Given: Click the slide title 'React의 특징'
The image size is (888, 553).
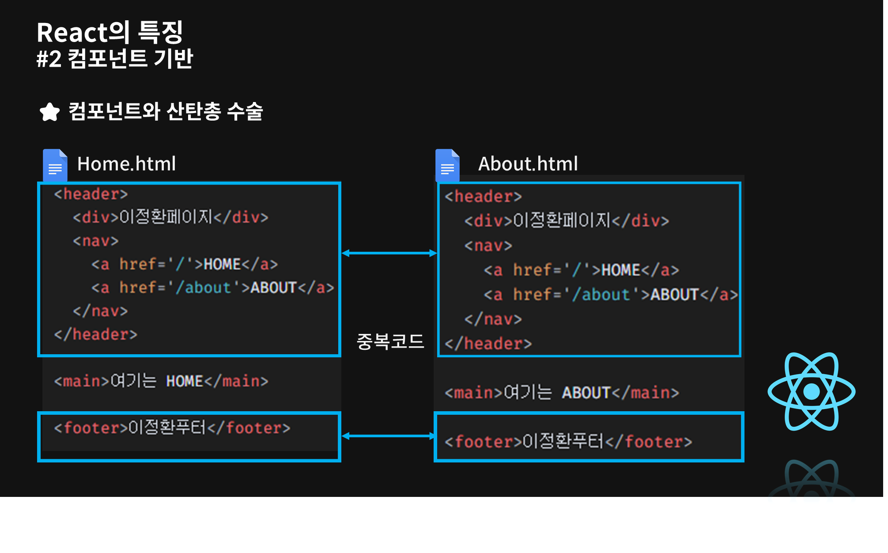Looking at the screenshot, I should coord(110,32).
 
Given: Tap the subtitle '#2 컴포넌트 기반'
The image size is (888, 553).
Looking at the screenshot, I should coord(115,59).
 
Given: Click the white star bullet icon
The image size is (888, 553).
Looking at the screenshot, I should coord(49,112).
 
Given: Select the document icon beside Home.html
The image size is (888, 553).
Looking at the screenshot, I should coord(55,165).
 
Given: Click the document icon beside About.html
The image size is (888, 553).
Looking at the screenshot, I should coord(447,165).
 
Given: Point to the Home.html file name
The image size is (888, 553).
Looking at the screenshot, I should coord(126,164).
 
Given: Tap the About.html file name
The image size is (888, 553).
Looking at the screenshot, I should coord(528,164).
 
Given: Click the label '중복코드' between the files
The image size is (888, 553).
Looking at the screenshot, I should coord(390,341).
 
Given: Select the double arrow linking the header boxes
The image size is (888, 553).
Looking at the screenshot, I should coord(389,253).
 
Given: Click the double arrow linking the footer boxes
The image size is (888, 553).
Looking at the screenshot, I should coord(389,436).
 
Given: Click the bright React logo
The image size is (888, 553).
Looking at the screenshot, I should coord(812,391).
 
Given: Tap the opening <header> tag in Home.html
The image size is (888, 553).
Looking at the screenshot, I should coord(91,194).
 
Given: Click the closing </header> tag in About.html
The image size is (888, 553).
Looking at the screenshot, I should coord(488,344).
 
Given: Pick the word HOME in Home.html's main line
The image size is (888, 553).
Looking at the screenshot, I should coord(185,381).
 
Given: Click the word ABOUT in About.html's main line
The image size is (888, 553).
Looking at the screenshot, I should coord(586,393).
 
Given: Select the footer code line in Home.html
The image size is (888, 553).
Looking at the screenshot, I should coord(172,428).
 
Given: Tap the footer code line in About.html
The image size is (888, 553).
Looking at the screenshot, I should coord(568,442).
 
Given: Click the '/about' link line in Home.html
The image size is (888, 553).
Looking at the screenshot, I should coord(212,288).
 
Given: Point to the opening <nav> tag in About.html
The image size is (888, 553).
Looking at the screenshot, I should coord(488,246).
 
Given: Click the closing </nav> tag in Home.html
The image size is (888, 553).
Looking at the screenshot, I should coord(100,311).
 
